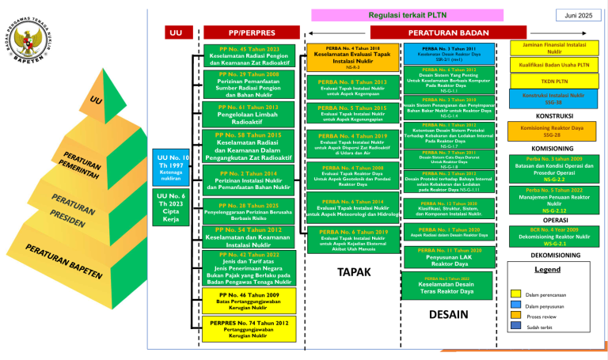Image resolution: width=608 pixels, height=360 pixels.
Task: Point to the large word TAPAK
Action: pyautogui.click(x=349, y=273)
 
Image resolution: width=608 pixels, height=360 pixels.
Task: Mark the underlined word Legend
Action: pyautogui.click(x=548, y=270)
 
